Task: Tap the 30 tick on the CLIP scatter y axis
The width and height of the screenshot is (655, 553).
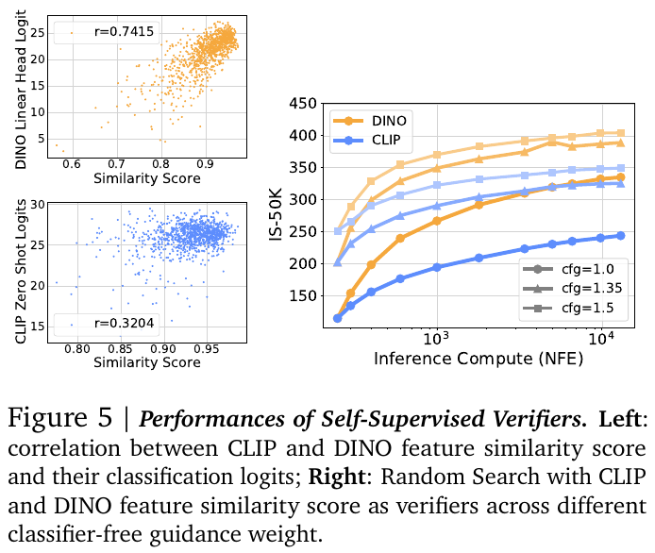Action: click(x=38, y=204)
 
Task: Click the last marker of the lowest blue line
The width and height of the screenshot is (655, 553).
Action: click(x=620, y=236)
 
